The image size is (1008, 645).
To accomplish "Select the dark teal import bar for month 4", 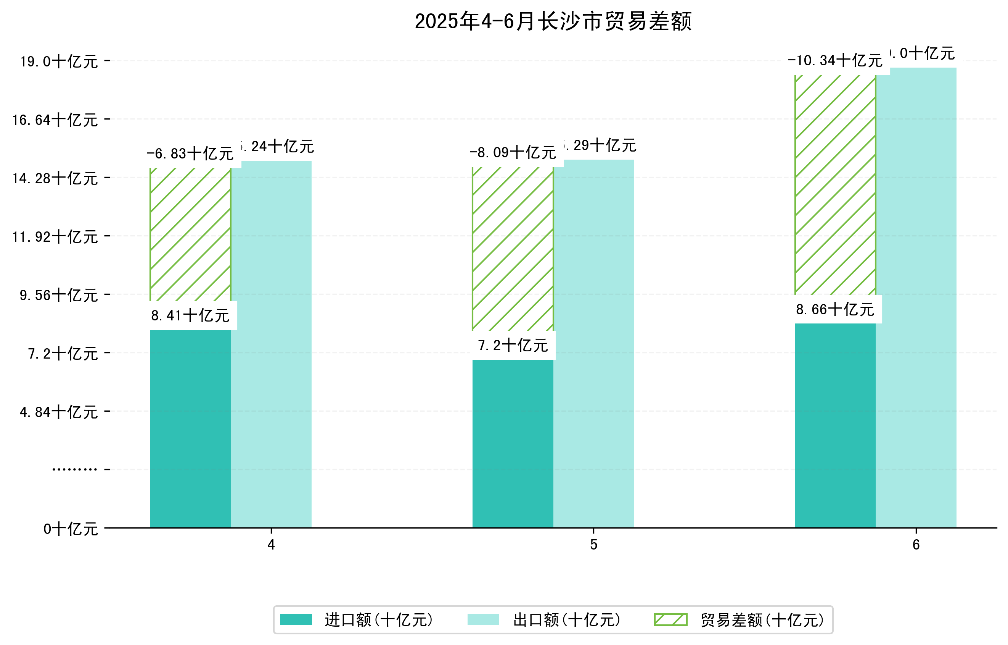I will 190,428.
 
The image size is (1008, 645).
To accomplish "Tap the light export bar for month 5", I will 593,344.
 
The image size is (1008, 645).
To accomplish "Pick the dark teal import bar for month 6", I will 835,425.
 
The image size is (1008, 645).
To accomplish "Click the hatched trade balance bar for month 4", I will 190,235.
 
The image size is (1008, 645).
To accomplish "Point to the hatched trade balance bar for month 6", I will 835,184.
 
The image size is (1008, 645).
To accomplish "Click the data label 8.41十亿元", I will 190,315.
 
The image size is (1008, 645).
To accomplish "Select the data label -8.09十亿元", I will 513,152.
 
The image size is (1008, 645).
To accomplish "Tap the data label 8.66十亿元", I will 835,310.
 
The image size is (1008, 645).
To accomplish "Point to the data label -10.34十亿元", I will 835,61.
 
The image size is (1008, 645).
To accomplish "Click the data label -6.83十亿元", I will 190,154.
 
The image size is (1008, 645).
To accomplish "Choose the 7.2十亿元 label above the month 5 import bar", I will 513,346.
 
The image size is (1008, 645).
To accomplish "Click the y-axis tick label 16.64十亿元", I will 55,120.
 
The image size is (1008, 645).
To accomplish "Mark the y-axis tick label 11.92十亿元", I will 55,237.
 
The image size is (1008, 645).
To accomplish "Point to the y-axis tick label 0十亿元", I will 71,529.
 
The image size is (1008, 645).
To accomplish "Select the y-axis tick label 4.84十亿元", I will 59,412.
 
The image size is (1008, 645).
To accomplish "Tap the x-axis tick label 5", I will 593,545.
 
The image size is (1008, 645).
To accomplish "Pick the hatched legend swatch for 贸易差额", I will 670,619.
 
